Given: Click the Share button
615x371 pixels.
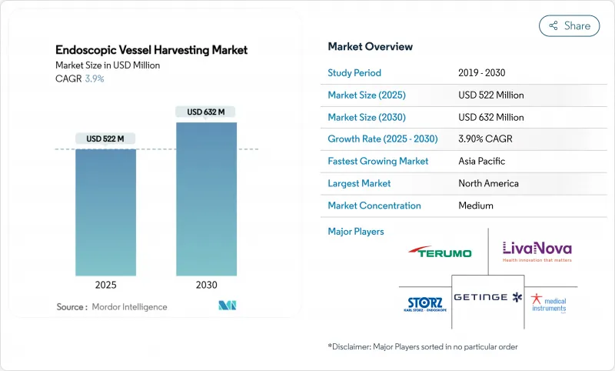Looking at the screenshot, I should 569,25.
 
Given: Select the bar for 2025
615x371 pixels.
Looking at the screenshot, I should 105,212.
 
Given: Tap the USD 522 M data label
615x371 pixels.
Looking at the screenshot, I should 105,139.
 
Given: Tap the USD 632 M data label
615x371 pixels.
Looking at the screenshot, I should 206,112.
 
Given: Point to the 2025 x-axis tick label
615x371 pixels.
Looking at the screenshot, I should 105,284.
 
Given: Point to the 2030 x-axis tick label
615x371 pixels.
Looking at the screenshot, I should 206,284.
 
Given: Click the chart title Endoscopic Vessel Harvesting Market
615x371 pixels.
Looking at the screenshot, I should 151,50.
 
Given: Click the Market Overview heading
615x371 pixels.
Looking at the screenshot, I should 370,47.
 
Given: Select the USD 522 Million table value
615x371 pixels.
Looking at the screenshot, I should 490,95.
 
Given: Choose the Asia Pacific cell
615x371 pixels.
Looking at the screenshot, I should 481,162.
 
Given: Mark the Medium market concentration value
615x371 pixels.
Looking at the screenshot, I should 475,206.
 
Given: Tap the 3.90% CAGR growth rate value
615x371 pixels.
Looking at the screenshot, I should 486,139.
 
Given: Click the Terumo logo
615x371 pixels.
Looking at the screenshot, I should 440,252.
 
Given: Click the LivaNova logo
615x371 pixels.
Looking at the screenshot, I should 537,251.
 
